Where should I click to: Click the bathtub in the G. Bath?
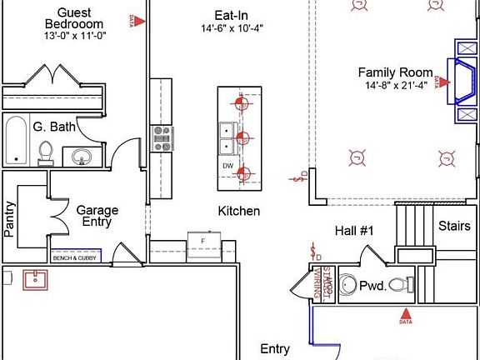[x=15, y=140]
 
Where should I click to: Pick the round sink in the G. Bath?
[x=82, y=156]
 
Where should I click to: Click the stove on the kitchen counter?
[x=161, y=137]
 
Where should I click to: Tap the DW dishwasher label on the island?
[x=227, y=166]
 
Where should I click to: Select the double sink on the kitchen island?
[x=227, y=137]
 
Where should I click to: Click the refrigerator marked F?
[x=202, y=241]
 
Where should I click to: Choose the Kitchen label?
[x=239, y=211]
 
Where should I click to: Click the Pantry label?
[x=10, y=219]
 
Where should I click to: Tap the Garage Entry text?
[x=97, y=217]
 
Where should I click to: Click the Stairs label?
[x=454, y=226]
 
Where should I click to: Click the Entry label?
[x=275, y=348]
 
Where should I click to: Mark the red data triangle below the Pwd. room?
[x=406, y=314]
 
